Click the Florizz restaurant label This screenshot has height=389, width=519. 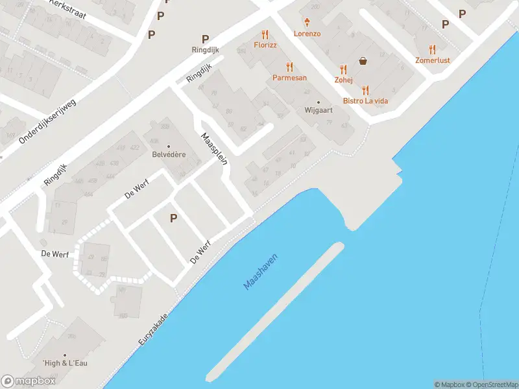pyautogui.click(x=265, y=45)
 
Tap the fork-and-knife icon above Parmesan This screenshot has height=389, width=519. pyautogui.click(x=289, y=67)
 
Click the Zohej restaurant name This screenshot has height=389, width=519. pyautogui.click(x=343, y=80)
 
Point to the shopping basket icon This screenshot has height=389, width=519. pyautogui.click(x=363, y=62)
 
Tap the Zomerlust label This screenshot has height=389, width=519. pyautogui.click(x=433, y=60)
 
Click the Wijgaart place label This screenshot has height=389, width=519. pyautogui.click(x=319, y=110)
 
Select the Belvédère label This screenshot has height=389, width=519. pyautogui.click(x=169, y=155)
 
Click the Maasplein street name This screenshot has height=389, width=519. pyautogui.click(x=213, y=148)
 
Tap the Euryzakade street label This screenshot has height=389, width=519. pyautogui.click(x=153, y=330)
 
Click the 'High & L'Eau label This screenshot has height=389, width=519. pyautogui.click(x=65, y=362)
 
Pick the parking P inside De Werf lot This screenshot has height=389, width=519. pyautogui.click(x=173, y=218)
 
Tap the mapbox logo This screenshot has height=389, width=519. pyautogui.click(x=29, y=381)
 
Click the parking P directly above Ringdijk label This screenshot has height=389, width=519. pyautogui.click(x=205, y=39)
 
